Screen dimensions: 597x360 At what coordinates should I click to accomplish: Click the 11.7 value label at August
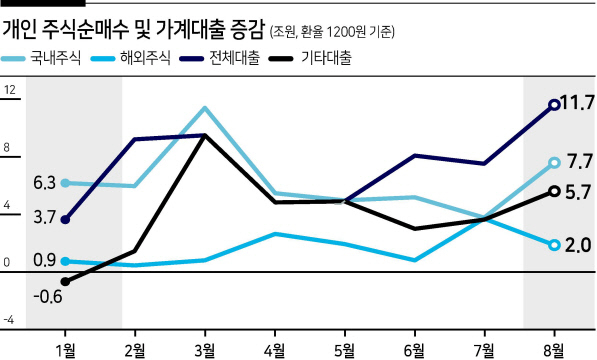coord(578,103)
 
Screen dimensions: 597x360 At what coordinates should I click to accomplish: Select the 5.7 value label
coord(578,193)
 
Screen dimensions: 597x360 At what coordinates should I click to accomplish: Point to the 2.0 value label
coord(578,245)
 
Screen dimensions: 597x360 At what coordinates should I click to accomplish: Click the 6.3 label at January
coord(45,183)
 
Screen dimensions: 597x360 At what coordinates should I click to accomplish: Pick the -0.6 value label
coord(48,296)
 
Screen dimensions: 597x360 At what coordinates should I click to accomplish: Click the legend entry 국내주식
coord(41,59)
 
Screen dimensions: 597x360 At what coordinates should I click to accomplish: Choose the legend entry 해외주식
coord(131,59)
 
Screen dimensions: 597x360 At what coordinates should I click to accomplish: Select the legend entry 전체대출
coord(220,59)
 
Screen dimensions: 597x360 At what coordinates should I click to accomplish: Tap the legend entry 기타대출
coord(311,59)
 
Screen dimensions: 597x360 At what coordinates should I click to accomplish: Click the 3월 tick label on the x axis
coord(205,350)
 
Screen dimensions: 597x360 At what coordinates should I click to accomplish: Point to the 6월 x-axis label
coord(415,350)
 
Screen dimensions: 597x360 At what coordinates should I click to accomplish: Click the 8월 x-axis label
coord(555,350)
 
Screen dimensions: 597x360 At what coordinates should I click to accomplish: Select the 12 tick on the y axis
coord(10,90)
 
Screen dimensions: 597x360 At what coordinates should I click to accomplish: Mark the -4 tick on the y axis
coord(9,320)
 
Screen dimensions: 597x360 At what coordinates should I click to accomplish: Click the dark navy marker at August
coord(555,105)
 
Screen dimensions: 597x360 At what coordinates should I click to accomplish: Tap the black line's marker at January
coord(65,282)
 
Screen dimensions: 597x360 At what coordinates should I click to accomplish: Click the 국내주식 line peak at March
coord(205,108)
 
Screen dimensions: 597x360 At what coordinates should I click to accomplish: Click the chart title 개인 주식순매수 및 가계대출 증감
coord(133,30)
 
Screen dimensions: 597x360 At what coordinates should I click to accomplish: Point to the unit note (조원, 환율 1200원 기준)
coord(332,32)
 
